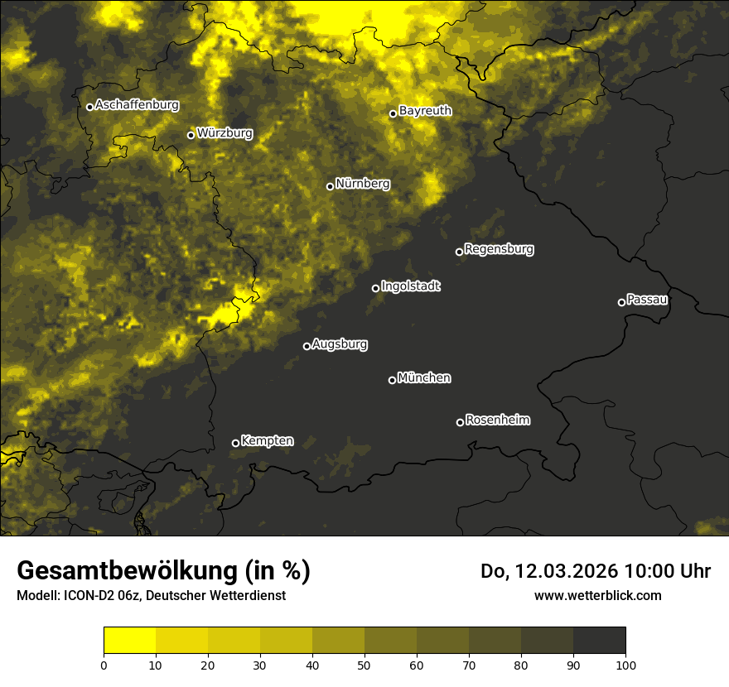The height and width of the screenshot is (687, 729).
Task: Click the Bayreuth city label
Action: [425, 111]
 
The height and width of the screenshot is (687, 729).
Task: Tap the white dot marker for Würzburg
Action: [191, 135]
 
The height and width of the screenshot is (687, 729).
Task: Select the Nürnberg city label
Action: [362, 184]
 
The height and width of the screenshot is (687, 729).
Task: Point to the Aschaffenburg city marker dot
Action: [89, 107]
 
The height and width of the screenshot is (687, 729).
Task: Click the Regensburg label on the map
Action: [499, 249]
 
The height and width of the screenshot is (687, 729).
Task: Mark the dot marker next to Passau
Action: [621, 302]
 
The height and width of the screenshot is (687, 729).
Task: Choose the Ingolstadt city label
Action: [411, 286]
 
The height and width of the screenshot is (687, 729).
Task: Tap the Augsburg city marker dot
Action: [307, 347]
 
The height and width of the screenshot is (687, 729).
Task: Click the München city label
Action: [424, 378]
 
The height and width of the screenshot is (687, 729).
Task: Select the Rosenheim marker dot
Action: [460, 423]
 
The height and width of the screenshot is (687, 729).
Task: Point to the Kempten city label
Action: [267, 441]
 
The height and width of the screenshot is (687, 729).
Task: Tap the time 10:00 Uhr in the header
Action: [667, 571]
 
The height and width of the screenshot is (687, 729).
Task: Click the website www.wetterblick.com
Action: [597, 595]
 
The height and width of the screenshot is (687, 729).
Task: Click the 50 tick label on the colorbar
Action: [364, 664]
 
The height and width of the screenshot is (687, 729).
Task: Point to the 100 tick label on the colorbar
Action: [625, 664]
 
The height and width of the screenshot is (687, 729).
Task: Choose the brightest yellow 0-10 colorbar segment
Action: [129, 641]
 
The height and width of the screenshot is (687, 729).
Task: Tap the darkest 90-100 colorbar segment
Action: [599, 641]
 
